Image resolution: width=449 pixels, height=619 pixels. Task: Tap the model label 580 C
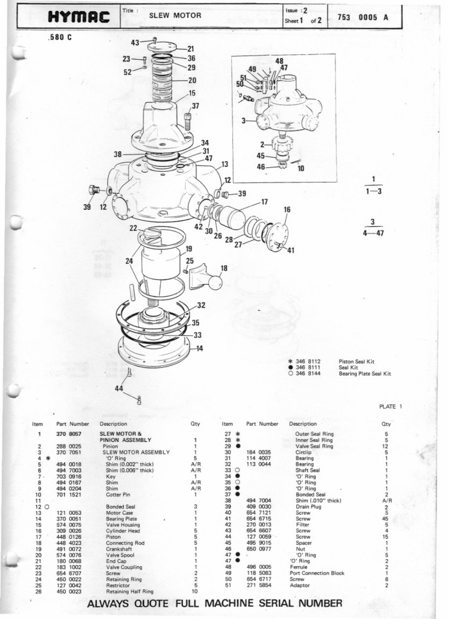click(x=61, y=38)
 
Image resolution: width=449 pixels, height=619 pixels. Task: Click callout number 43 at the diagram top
click(x=135, y=43)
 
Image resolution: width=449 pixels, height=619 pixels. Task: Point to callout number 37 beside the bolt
click(x=195, y=106)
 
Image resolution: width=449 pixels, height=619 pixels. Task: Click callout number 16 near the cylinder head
click(x=287, y=209)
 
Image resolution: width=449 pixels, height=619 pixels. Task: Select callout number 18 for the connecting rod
click(x=224, y=268)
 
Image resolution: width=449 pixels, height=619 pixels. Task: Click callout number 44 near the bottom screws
click(x=119, y=388)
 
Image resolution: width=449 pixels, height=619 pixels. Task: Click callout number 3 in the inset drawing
click(x=243, y=120)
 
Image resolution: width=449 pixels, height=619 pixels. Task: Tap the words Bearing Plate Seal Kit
click(x=364, y=373)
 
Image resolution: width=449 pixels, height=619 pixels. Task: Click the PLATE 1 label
click(x=390, y=406)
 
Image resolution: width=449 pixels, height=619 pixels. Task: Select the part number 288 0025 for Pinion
click(x=67, y=446)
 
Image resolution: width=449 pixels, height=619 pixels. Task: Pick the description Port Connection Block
click(x=316, y=573)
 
